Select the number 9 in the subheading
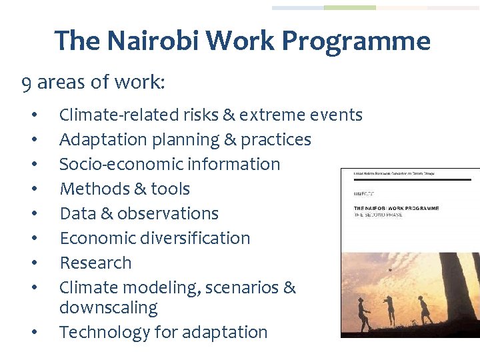point(26,83)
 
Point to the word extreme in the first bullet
point(273,115)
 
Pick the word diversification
point(194,238)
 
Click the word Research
point(95,263)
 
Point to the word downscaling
point(108,308)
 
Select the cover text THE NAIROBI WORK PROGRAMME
point(396,208)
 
